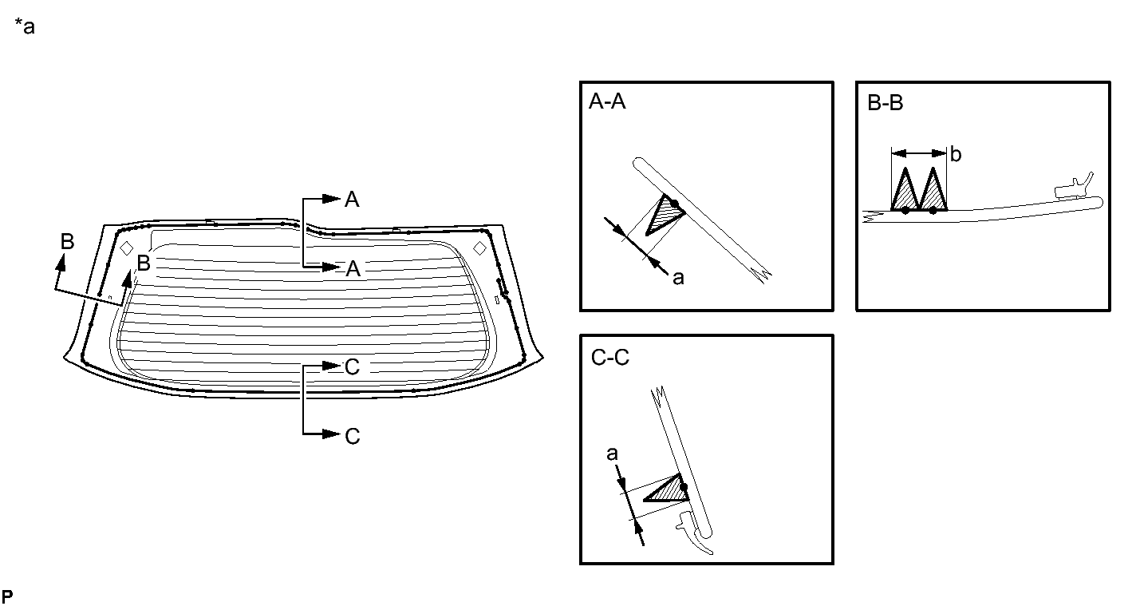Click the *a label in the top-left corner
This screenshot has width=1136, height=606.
[x=25, y=26]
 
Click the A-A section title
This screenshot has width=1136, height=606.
[x=607, y=102]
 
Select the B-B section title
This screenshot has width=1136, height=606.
[x=885, y=103]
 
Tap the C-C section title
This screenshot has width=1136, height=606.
[x=610, y=358]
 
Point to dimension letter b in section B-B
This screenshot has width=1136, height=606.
[x=956, y=154]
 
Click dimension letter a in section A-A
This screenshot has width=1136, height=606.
[x=678, y=278]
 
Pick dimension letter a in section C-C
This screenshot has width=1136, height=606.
[x=612, y=454]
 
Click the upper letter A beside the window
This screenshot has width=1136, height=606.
[x=352, y=200]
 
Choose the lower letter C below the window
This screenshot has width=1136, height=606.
[x=353, y=436]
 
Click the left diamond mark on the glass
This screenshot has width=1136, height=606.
[x=126, y=248]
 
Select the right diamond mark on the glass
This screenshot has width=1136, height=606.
[x=479, y=248]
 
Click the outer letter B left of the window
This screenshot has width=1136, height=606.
[x=68, y=242]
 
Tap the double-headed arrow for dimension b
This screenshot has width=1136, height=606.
[x=919, y=153]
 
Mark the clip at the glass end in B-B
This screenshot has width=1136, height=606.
[x=1073, y=187]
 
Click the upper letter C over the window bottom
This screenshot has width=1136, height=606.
[x=352, y=367]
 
